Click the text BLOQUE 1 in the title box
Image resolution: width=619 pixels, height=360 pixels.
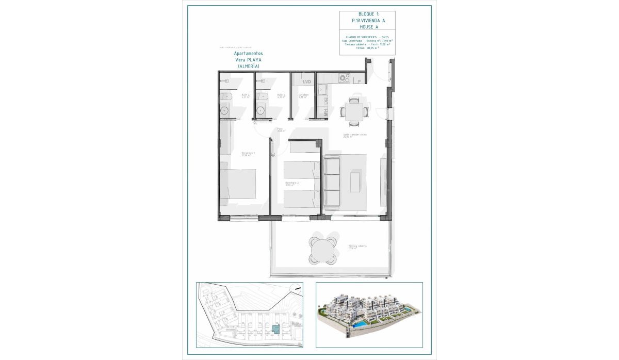368,14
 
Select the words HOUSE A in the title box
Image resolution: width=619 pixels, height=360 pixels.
368,27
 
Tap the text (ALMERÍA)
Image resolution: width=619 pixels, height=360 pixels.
249,67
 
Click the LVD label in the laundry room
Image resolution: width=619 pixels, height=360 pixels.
307,81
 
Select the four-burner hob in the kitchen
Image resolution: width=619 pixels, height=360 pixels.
344,78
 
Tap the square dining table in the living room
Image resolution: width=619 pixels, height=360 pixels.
354,111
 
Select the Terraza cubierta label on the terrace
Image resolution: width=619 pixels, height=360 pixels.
357,247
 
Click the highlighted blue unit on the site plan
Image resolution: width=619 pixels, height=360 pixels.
276,329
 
